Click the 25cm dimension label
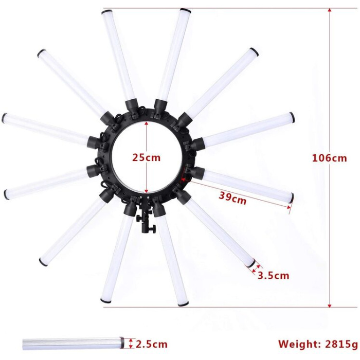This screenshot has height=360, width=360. click(x=146, y=157)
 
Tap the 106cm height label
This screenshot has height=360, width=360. click(x=330, y=158)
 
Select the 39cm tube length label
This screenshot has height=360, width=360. click(x=232, y=198)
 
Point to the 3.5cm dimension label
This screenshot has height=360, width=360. click(x=273, y=275)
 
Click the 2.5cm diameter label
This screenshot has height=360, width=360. click(x=152, y=344)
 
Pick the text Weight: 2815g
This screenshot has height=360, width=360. click(x=318, y=344)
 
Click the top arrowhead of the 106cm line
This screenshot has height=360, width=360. click(x=330, y=10)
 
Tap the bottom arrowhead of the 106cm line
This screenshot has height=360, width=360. click(x=330, y=305)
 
